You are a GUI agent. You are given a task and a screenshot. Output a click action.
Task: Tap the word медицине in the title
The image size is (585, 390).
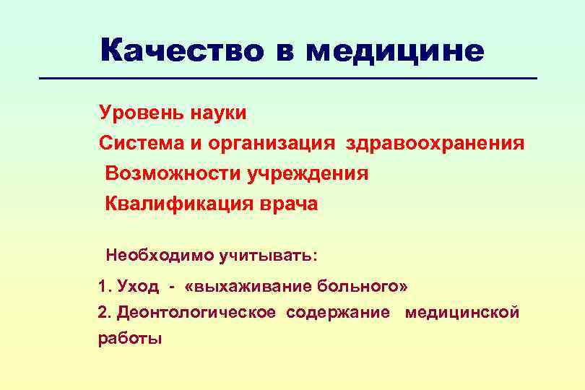tap(394, 51)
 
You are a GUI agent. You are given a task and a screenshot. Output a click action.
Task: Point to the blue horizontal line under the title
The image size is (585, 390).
tap(289, 78)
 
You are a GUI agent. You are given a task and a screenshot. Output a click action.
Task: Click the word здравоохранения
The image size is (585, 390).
tap(435, 143)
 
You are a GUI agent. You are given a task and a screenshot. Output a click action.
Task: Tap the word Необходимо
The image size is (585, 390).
tap(148, 255)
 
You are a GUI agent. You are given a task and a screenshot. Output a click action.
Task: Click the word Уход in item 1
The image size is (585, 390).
tap(139, 287)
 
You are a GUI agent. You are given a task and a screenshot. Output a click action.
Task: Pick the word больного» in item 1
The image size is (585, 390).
tap(362, 287)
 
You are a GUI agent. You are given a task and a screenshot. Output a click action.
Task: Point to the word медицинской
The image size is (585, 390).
tap(462, 313)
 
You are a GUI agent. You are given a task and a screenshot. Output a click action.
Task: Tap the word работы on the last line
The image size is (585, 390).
tap(130, 339)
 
